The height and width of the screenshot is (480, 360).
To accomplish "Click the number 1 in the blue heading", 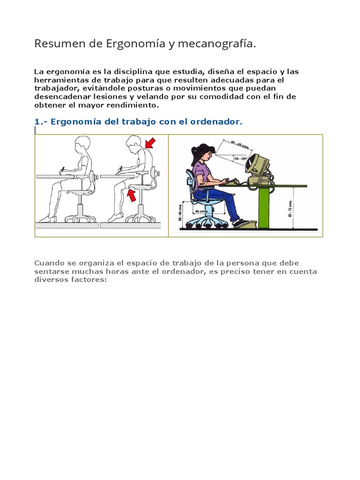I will tap(37, 122).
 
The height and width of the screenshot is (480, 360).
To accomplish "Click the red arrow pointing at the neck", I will tap(150, 142).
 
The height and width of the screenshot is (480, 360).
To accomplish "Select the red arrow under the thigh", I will tap(133, 195).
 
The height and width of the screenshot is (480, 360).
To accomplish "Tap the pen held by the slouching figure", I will tap(120, 168).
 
